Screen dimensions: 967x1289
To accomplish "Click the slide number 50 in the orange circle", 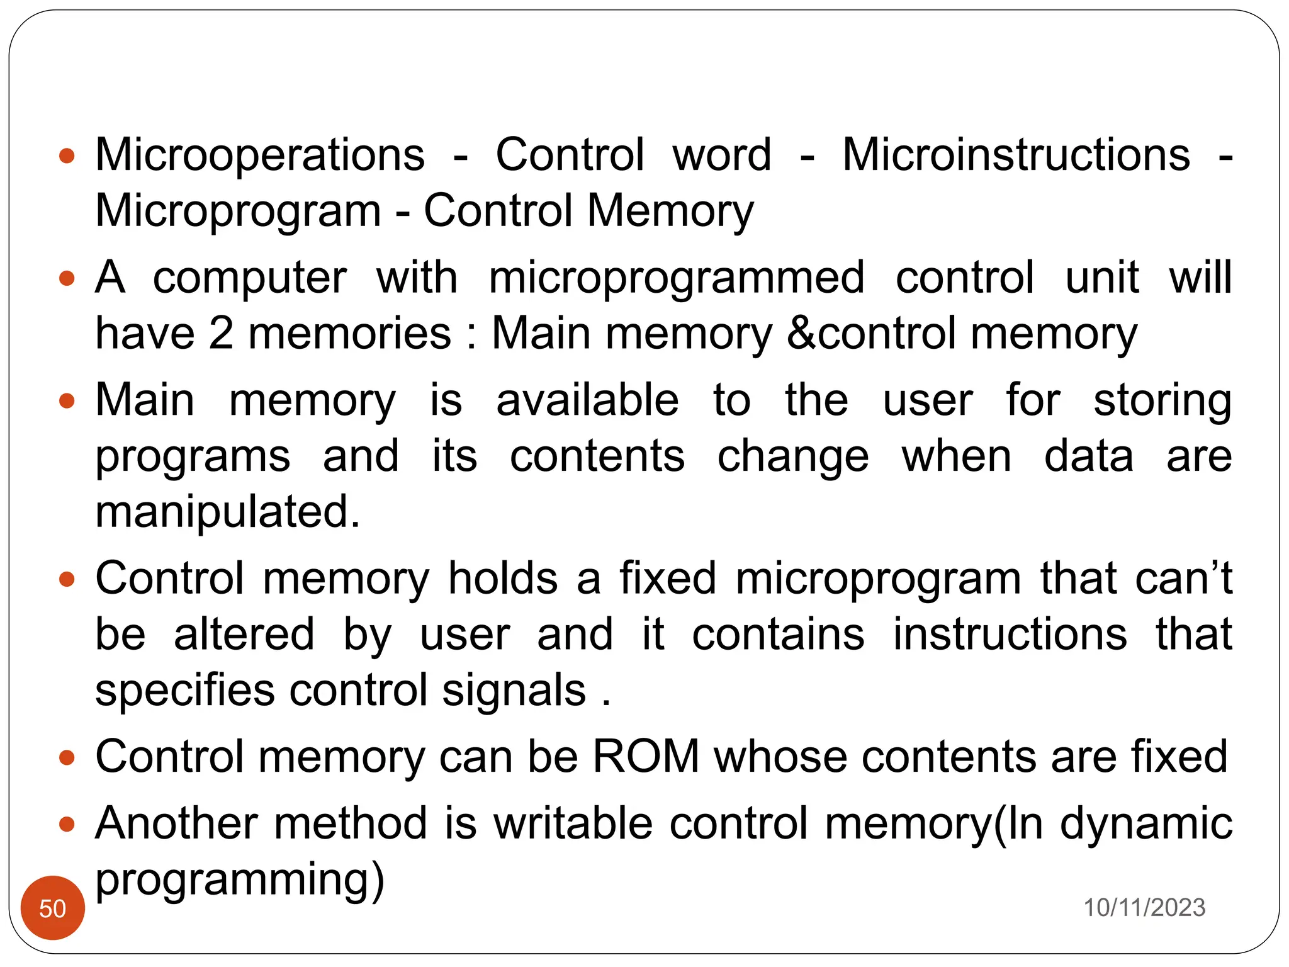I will coord(52,908).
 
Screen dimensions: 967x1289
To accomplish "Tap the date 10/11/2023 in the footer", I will coord(1144,908).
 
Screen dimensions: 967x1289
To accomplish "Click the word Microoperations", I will coord(260,155).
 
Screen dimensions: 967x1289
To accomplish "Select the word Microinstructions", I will coord(1016,155).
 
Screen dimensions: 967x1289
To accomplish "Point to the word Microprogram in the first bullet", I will coord(238,211).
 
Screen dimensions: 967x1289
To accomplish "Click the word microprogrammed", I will coord(677,278).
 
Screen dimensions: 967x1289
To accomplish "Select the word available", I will coord(587,400).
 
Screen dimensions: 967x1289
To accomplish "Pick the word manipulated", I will coord(227,511).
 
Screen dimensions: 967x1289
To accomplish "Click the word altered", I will coord(244,634).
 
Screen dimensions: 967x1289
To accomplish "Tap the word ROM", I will coord(646,756).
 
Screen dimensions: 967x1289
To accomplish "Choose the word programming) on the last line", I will coord(240,879).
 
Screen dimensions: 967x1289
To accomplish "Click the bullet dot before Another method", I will coord(67,823).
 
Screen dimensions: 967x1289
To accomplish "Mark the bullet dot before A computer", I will coord(67,278).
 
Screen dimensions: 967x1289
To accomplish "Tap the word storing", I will coord(1162,402).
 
